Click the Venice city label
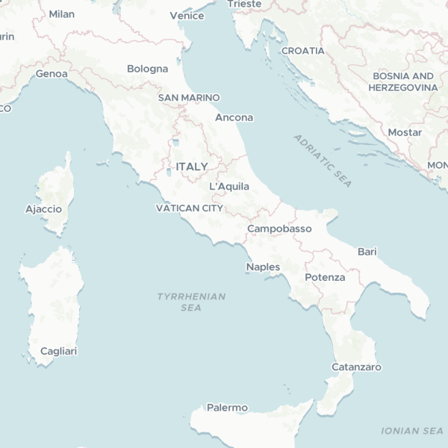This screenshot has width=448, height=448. (x=187, y=15)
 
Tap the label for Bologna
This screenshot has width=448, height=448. (x=147, y=69)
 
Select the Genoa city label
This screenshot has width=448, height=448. (x=52, y=74)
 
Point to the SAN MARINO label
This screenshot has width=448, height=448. (x=189, y=98)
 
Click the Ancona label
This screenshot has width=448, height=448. (x=234, y=117)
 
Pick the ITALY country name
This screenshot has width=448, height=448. (x=192, y=166)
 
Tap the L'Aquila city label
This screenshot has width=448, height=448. (x=229, y=186)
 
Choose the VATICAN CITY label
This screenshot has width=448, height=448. (x=189, y=208)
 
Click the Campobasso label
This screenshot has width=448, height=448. (x=279, y=228)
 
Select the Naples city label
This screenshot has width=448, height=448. (x=263, y=267)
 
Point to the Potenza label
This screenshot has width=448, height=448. (x=325, y=278)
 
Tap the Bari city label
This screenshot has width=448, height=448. (x=367, y=252)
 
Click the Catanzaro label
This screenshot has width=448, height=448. (x=356, y=367)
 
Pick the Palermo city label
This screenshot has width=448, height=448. (x=227, y=408)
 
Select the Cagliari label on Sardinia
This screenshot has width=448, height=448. (x=58, y=351)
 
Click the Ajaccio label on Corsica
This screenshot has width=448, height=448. (x=43, y=209)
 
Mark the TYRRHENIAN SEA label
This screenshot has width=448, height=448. (x=191, y=302)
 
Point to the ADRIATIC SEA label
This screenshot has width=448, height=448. (x=323, y=161)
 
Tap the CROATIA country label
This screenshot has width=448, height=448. (x=303, y=51)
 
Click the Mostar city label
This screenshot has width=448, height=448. (x=405, y=132)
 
